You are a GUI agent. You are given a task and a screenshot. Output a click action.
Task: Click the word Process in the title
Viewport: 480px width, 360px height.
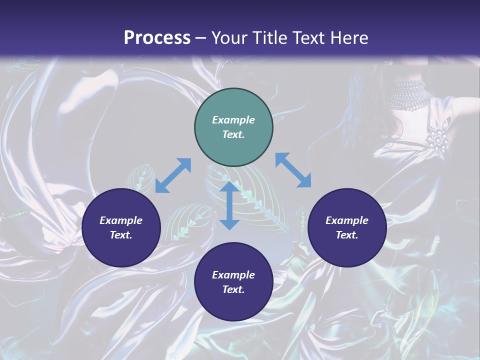[x=157, y=38]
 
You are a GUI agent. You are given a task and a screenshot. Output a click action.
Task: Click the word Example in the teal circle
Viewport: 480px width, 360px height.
[x=233, y=120]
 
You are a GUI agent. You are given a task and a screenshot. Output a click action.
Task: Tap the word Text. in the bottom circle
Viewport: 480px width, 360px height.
[x=233, y=289]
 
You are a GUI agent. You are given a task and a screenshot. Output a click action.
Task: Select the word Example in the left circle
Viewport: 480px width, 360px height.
[x=121, y=220]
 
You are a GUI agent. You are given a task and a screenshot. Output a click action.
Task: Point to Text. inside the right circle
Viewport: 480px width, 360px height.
[x=347, y=235]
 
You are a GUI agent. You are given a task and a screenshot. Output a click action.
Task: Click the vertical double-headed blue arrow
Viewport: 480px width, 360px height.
[x=229, y=205]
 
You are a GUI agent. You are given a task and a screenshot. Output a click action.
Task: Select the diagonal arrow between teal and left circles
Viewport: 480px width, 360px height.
[x=173, y=175]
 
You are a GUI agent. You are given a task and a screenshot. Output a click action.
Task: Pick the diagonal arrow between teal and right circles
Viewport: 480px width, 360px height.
[x=293, y=170]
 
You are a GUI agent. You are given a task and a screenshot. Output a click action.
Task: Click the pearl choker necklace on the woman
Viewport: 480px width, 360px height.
[x=411, y=94]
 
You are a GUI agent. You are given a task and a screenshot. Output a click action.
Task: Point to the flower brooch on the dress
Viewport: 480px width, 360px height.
[x=437, y=139]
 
